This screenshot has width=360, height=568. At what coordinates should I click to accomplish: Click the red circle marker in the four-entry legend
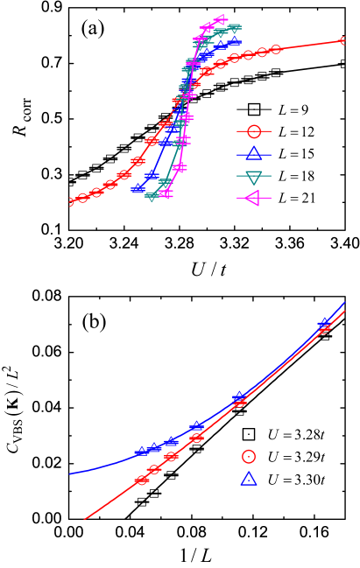(254, 131)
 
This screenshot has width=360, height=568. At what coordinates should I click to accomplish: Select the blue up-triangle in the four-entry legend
(254, 154)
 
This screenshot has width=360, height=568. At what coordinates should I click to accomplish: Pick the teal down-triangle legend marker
(254, 177)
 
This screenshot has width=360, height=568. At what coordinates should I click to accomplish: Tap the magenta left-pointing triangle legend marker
(253, 199)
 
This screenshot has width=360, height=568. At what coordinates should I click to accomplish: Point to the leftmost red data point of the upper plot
(72, 201)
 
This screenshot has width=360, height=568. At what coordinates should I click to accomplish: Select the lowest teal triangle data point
(152, 196)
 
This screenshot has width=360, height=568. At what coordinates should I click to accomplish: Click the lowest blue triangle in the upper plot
(138, 188)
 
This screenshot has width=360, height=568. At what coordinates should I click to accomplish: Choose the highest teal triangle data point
(235, 28)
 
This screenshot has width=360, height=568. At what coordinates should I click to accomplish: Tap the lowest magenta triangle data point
(165, 193)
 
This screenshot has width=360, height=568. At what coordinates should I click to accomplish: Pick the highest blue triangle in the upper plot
(234, 40)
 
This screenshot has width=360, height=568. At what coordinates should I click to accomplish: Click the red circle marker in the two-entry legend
(249, 456)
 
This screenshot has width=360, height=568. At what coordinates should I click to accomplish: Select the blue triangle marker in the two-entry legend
(249, 479)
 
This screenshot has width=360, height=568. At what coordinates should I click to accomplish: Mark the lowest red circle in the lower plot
(142, 480)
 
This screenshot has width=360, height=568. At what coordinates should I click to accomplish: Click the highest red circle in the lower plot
(324, 329)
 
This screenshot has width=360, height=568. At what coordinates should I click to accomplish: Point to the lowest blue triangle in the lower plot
(142, 452)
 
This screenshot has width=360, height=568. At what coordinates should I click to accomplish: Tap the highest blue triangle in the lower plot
(324, 323)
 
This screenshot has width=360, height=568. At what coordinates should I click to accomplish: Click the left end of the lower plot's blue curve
(70, 474)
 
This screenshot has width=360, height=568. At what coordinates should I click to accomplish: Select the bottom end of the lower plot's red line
(85, 519)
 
